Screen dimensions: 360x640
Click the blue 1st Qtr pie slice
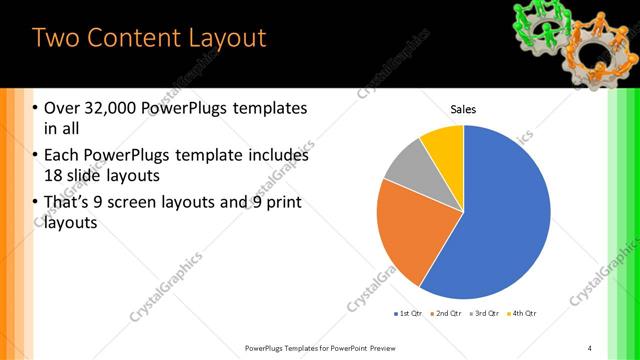point(500,220)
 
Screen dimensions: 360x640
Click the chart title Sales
point(463,109)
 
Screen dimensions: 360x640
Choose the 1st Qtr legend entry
point(408,314)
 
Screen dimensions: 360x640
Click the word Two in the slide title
point(55,38)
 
